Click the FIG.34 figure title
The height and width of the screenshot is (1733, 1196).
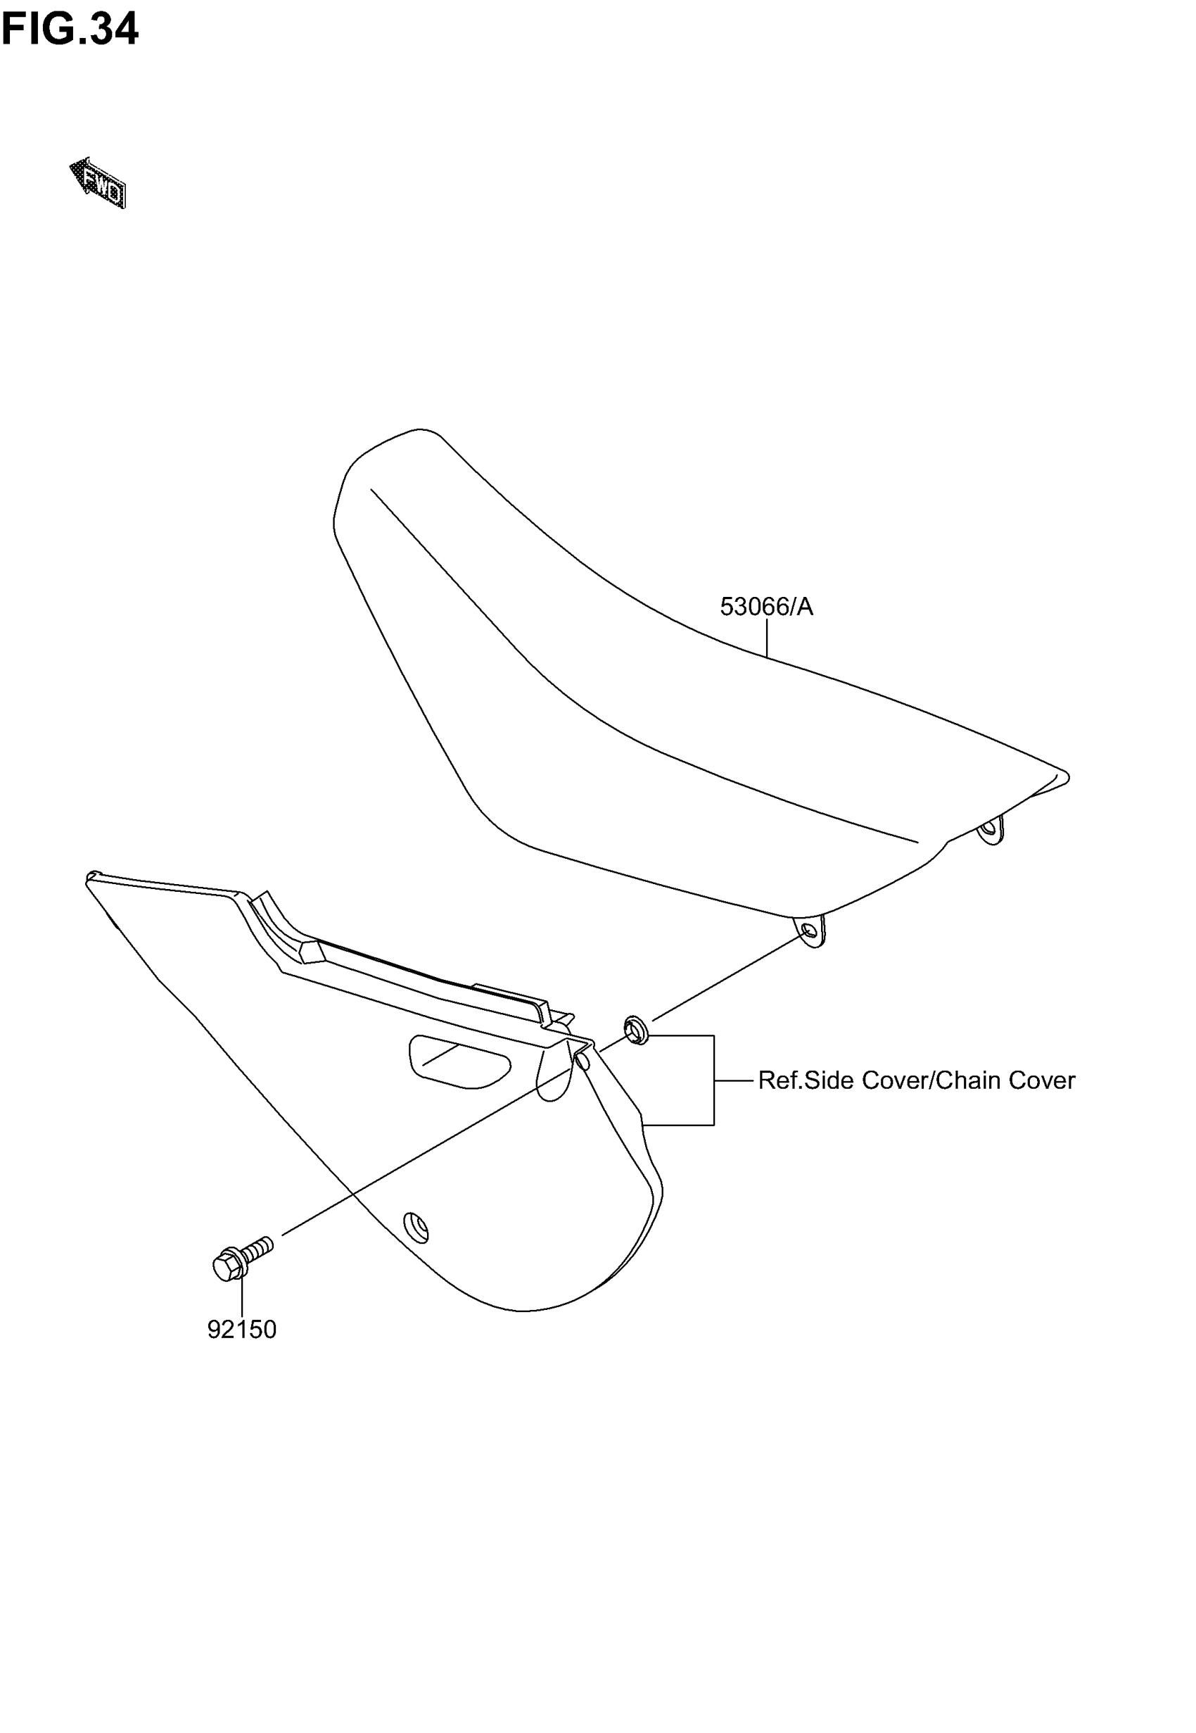[x=70, y=30]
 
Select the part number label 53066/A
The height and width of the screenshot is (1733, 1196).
[x=766, y=606]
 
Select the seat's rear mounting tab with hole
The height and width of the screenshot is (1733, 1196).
[x=991, y=829]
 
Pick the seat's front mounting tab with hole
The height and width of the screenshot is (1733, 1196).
[x=810, y=932]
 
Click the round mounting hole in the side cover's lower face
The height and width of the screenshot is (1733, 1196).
[x=416, y=1227]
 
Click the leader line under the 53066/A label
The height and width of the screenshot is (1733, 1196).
[x=767, y=638]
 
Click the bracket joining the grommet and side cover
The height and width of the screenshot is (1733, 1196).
[x=713, y=1080]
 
